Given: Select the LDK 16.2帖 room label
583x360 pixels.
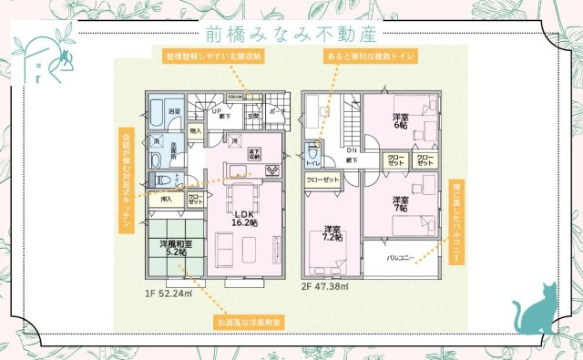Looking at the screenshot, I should [240, 218].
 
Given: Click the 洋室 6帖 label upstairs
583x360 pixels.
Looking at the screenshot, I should [400, 121].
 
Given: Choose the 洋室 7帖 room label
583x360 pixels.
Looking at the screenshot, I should [400, 204].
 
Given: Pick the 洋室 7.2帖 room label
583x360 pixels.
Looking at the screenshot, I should [332, 233].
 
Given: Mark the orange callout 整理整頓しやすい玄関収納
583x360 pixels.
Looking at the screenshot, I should [214, 57].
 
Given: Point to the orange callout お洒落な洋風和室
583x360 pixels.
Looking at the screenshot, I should [251, 322].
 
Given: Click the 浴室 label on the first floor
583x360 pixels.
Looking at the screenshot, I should [174, 111].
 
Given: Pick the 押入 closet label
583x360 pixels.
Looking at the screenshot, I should [166, 199].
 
